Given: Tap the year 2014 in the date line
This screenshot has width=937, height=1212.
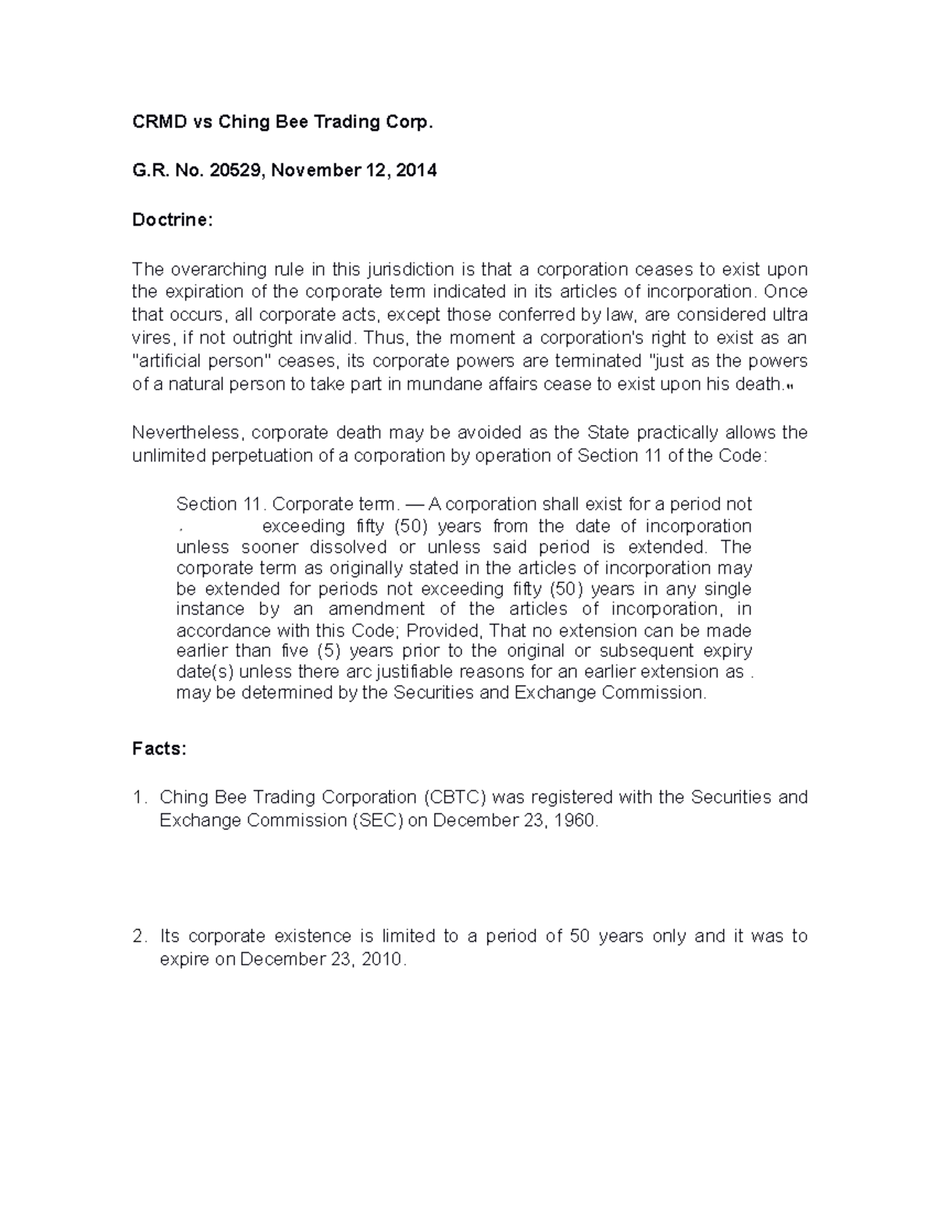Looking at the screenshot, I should click(416, 171).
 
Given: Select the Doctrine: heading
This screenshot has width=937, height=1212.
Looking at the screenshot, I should click(172, 220).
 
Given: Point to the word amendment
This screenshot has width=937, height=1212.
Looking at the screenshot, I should click(376, 609).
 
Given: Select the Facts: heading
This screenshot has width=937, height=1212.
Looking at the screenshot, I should click(159, 749).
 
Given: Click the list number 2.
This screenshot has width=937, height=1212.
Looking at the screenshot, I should click(138, 937).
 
